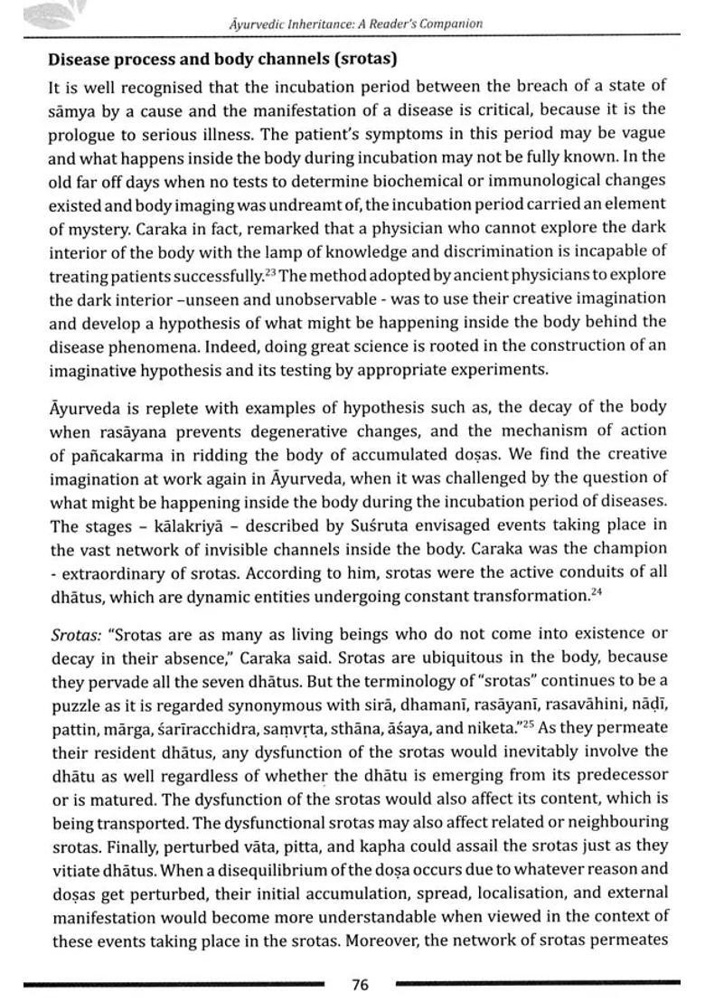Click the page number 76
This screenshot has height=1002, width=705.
click(x=360, y=985)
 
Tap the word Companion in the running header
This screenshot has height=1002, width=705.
click(x=450, y=24)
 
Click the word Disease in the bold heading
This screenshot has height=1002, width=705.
click(x=79, y=60)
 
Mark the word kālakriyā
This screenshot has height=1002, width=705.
click(x=182, y=525)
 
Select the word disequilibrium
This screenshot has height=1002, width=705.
click(x=218, y=869)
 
